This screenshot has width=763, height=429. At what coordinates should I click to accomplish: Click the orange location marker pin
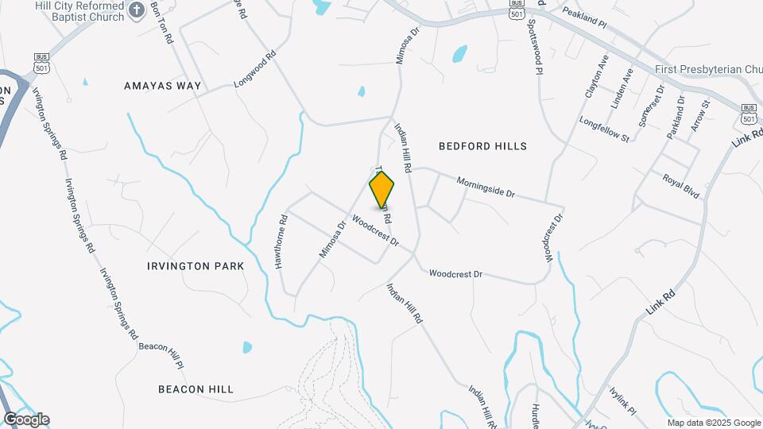pos(382,190)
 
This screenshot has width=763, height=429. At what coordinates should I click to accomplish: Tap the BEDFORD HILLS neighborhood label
pos(482,146)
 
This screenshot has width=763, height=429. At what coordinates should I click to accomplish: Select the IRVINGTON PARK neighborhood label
pos(196,266)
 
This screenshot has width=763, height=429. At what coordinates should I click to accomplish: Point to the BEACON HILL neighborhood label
pos(196,389)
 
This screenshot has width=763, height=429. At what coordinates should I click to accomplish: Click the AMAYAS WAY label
pos(163,85)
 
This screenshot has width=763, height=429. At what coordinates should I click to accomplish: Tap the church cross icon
pos(136,10)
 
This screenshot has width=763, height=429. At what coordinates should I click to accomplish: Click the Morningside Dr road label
pos(486,187)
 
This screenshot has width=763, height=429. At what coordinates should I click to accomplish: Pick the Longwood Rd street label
pos(254,70)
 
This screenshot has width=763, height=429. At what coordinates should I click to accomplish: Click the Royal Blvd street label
pos(680,184)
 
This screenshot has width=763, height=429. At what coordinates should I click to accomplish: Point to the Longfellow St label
pos(604,130)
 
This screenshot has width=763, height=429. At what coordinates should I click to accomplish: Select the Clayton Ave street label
pos(597,76)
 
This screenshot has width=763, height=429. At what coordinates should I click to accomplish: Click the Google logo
pos(26,419)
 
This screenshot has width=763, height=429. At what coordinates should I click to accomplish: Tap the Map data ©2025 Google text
pos(714,423)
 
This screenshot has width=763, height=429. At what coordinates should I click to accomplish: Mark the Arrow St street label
pos(700,115)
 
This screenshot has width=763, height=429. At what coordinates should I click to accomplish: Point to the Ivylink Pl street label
pos(622,402)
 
